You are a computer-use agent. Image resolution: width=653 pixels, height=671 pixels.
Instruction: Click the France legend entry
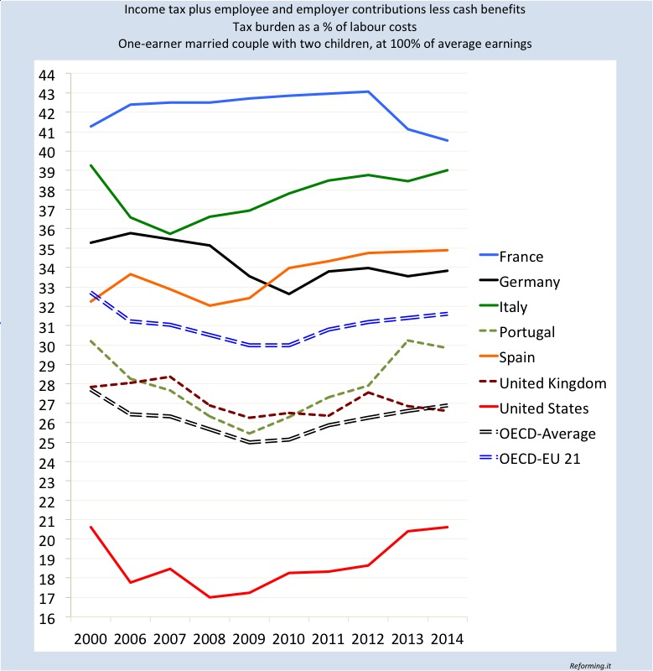pos(520,257)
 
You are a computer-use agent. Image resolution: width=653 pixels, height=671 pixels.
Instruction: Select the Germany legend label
pos(528,282)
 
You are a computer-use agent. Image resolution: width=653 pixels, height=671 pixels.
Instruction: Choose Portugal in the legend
pos(526,332)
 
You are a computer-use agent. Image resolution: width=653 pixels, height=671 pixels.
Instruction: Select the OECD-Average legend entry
pos(548,434)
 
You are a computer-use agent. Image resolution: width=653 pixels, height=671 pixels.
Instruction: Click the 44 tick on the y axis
pos(46,75)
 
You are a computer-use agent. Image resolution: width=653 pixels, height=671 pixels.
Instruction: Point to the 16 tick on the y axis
pos(46,617)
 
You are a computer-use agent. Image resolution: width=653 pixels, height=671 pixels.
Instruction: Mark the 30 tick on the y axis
pos(46,346)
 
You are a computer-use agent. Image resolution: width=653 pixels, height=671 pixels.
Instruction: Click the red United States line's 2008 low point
pos(209,597)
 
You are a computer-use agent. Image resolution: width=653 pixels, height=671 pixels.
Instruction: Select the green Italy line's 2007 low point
pos(169,233)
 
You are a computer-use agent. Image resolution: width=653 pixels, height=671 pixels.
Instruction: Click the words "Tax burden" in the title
pos(261,27)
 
